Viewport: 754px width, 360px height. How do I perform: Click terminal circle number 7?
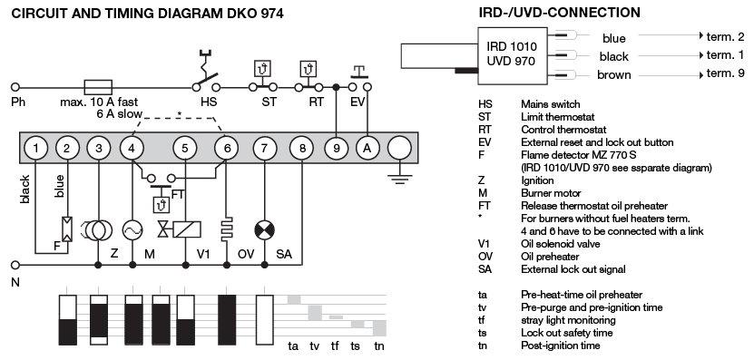[264, 148]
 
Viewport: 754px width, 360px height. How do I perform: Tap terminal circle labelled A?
[367, 148]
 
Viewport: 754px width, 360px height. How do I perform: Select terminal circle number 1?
[36, 148]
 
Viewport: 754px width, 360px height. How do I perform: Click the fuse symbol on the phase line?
[98, 87]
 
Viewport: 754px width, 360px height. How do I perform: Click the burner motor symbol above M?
[132, 230]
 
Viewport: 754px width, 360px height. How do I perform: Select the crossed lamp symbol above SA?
[264, 230]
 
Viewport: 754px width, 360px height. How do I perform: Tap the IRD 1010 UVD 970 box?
[512, 54]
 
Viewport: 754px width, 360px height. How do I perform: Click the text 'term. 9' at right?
[726, 73]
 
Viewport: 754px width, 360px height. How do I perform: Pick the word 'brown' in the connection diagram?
[614, 75]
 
